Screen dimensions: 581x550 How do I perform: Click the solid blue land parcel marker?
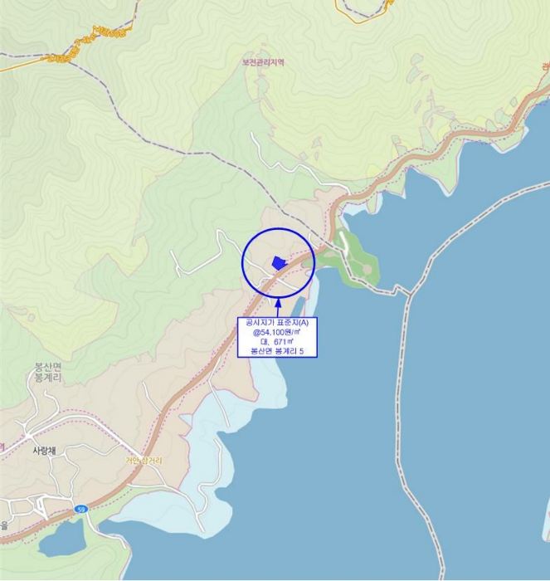(x=279, y=262)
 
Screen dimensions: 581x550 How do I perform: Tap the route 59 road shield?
(x=80, y=509)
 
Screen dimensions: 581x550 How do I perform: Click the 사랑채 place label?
(x=44, y=451)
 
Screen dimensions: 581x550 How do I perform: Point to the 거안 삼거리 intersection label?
(x=144, y=461)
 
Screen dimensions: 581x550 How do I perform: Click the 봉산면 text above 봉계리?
(x=48, y=367)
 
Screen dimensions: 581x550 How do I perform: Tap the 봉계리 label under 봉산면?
(x=48, y=378)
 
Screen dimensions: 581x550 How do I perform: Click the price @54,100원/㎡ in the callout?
(x=278, y=332)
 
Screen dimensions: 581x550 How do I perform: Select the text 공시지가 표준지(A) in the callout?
(x=278, y=322)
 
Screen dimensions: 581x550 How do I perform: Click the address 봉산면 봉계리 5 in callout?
(x=278, y=352)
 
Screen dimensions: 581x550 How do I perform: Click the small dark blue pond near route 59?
(x=59, y=542)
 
